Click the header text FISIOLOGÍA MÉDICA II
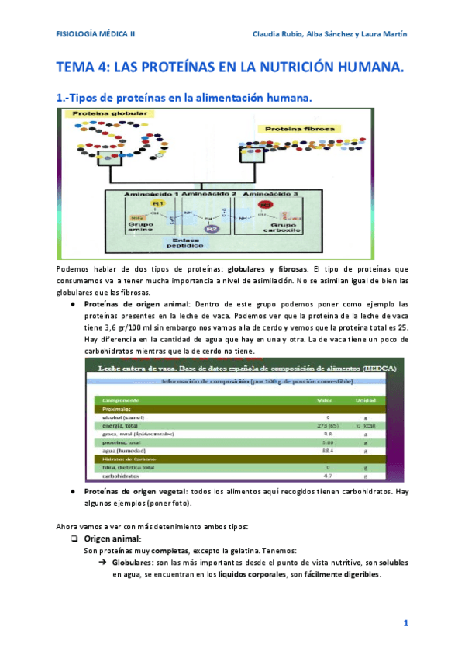96,35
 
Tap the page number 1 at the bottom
405,623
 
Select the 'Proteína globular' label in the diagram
103,114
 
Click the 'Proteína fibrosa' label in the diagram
301,128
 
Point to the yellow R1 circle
157,204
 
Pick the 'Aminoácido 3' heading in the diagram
270,192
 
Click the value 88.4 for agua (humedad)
328,451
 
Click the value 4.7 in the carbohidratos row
328,475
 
